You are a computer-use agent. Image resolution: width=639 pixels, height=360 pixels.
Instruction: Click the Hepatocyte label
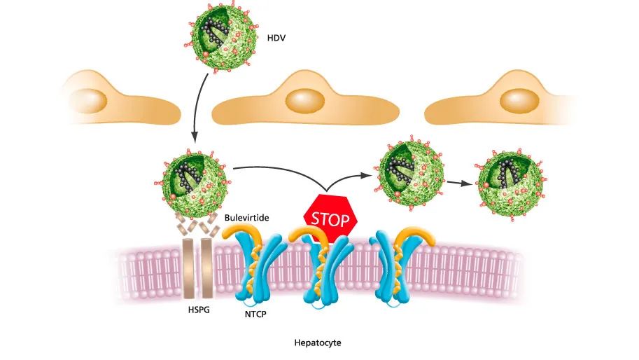click(319, 344)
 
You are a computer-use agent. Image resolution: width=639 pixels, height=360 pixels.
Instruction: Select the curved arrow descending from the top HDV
click(198, 105)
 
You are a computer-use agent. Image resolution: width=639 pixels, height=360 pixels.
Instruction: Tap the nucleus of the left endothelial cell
click(87, 99)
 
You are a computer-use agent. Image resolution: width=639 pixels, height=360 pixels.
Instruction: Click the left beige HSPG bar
click(188, 266)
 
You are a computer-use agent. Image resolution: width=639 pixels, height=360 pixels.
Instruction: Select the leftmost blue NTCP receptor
click(253, 265)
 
